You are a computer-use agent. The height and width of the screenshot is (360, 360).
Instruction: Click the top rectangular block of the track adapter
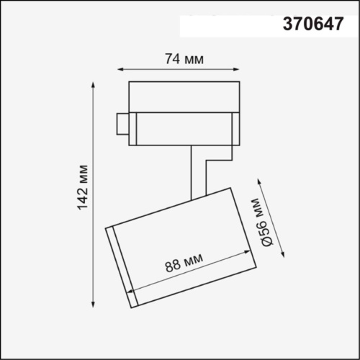pos(183,97)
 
